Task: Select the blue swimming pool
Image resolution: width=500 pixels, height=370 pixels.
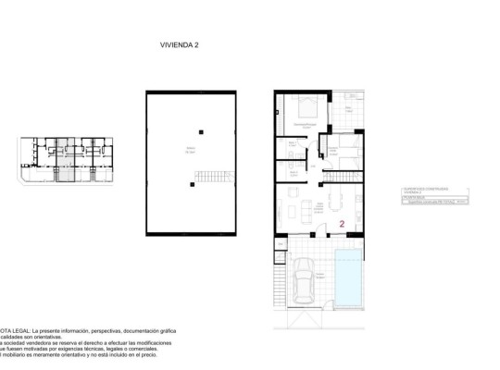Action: (x=350, y=279)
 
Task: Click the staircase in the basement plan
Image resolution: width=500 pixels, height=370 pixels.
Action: (x=219, y=176)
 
